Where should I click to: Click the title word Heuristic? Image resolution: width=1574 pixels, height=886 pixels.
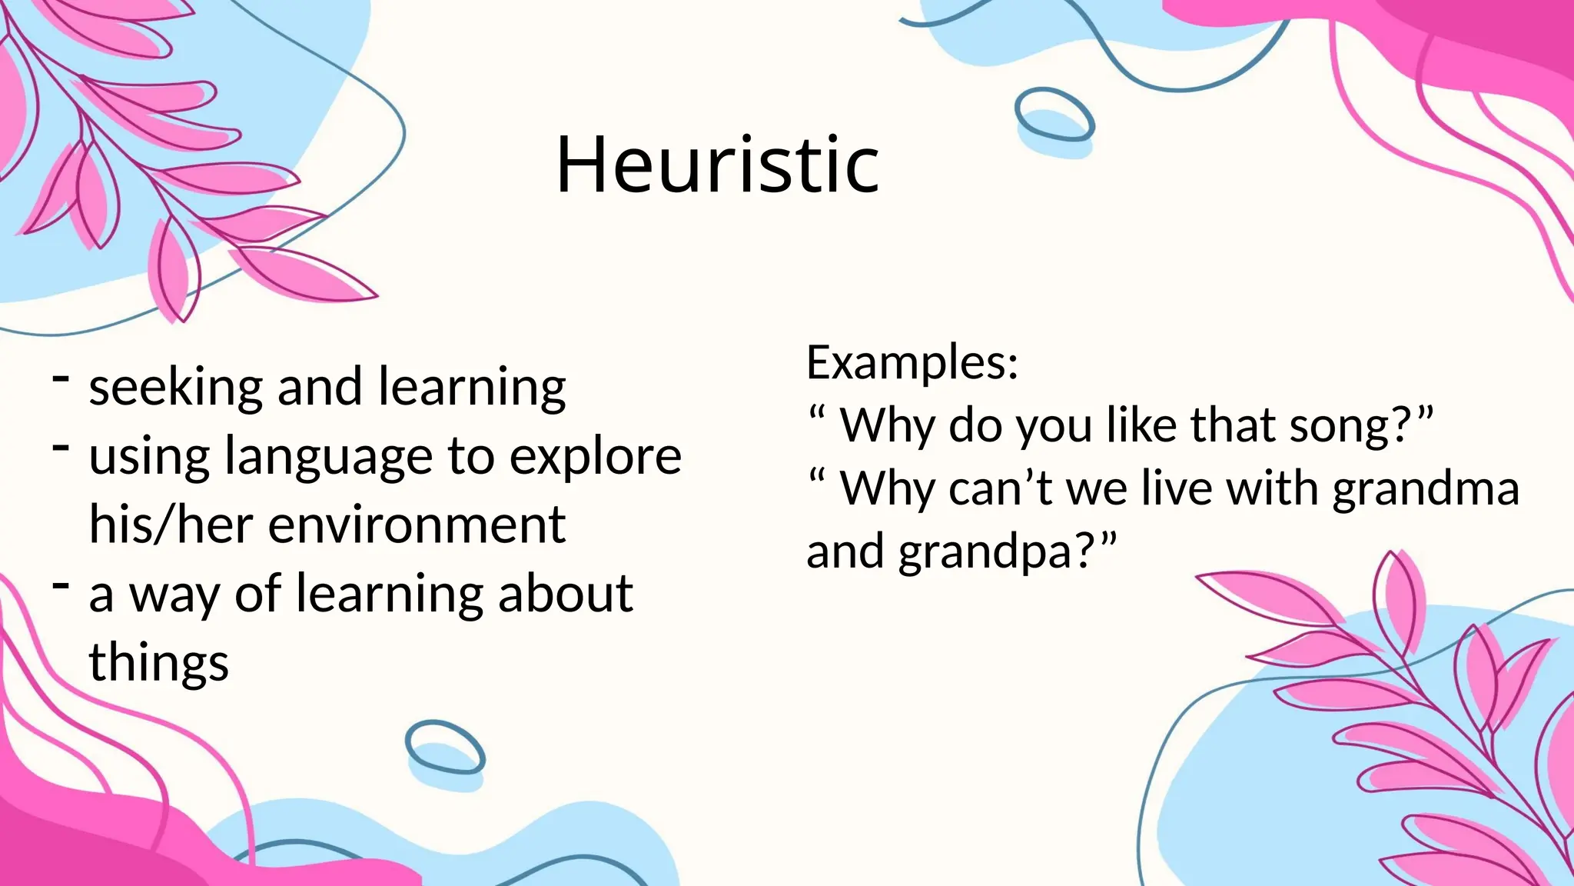tap(717, 165)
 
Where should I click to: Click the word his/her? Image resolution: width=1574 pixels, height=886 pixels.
tap(171, 525)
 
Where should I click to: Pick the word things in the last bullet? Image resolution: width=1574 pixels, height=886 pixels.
tap(158, 663)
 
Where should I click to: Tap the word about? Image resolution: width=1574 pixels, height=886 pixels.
tap(565, 594)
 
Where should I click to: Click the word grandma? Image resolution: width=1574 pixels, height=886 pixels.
tap(1426, 489)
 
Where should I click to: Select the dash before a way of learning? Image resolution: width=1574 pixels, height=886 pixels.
tap(61, 585)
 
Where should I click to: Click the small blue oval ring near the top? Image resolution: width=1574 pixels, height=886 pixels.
tap(1054, 115)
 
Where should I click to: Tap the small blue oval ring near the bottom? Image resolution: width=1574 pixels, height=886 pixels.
tap(445, 747)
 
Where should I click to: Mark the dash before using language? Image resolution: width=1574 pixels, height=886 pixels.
tap(61, 447)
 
